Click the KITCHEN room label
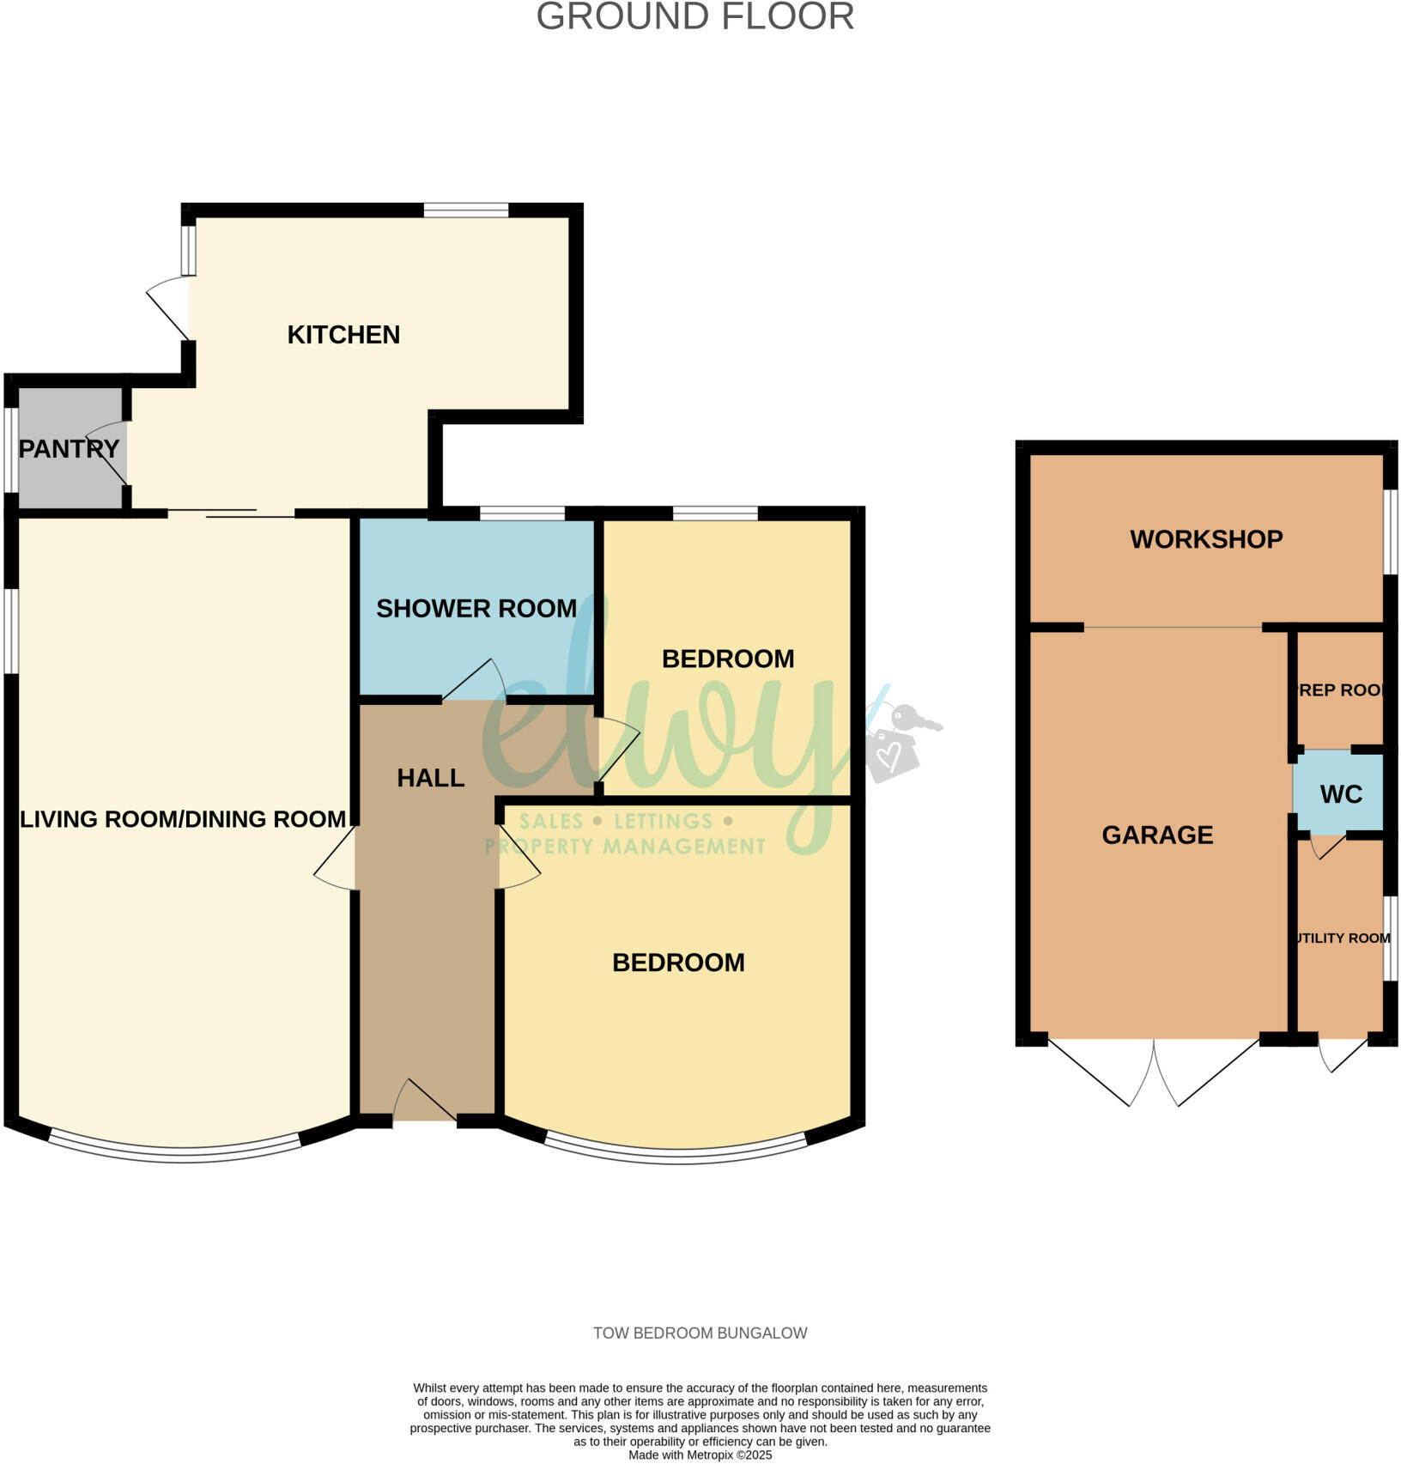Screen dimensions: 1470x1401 [x=343, y=335]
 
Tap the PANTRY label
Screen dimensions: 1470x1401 [x=69, y=448]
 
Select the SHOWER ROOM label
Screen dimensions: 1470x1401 [x=476, y=609]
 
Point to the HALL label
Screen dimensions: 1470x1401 [x=431, y=778]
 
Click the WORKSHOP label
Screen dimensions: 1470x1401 [x=1206, y=539]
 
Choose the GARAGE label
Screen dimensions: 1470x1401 [x=1157, y=835]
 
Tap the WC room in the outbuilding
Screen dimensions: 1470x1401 [x=1341, y=794]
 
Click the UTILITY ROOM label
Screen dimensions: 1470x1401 [x=1343, y=938]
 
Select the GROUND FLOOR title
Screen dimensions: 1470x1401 [x=695, y=17]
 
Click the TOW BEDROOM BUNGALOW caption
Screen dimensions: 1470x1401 [x=700, y=1333]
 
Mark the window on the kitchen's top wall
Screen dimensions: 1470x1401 [x=466, y=210]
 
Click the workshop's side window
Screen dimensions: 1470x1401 [x=1390, y=531]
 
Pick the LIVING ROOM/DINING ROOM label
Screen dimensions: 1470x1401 [x=183, y=819]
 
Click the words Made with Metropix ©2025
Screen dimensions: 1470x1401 [x=700, y=1455]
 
